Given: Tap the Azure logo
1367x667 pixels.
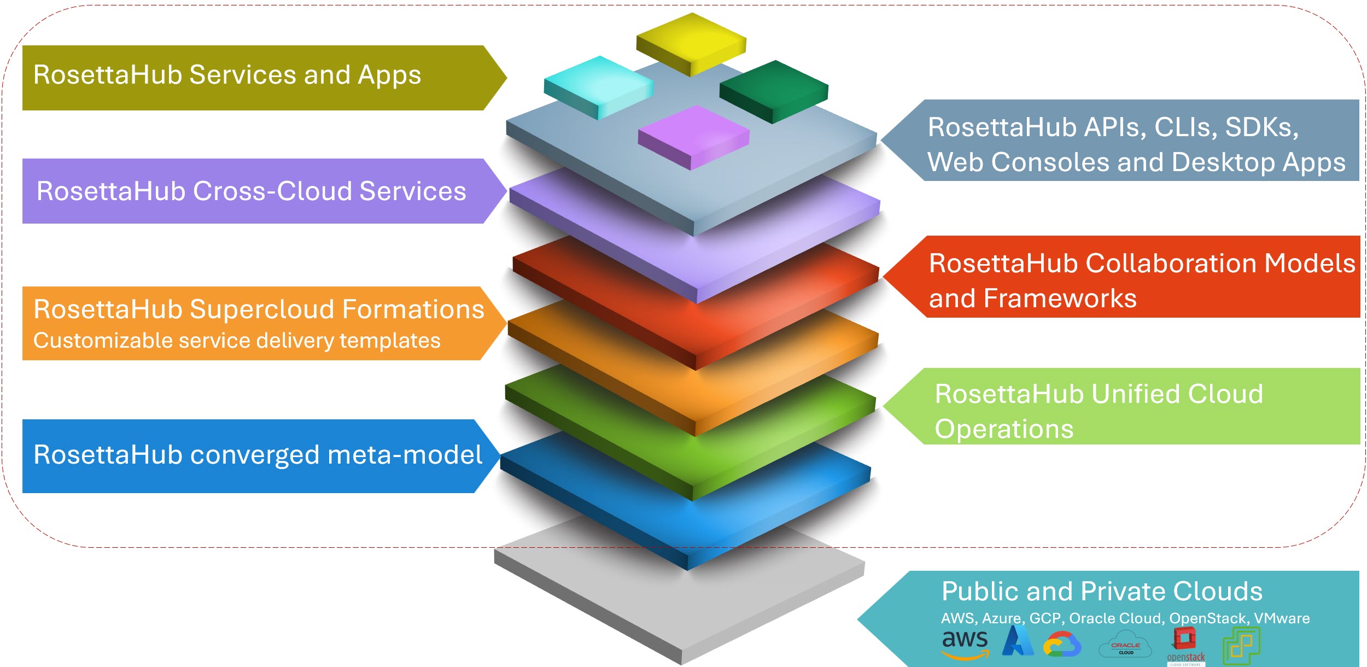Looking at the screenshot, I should pyautogui.click(x=1018, y=641).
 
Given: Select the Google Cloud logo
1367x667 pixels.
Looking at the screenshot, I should pyautogui.click(x=1062, y=644).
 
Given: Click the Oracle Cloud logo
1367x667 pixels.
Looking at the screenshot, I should pyautogui.click(x=1125, y=645).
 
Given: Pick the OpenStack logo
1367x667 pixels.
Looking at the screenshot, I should pyautogui.click(x=1185, y=646).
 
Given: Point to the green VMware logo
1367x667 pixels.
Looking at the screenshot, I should pyautogui.click(x=1242, y=645).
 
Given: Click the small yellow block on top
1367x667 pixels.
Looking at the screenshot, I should pyautogui.click(x=692, y=41).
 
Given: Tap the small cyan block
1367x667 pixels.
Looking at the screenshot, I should pyautogui.click(x=599, y=85).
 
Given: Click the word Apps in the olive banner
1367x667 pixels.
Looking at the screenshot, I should pyautogui.click(x=389, y=75).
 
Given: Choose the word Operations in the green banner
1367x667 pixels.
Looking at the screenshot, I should pyautogui.click(x=1004, y=429).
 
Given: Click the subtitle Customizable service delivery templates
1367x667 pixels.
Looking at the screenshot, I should pyautogui.click(x=237, y=341).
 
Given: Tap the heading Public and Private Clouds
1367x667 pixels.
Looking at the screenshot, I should pyautogui.click(x=1102, y=592).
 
